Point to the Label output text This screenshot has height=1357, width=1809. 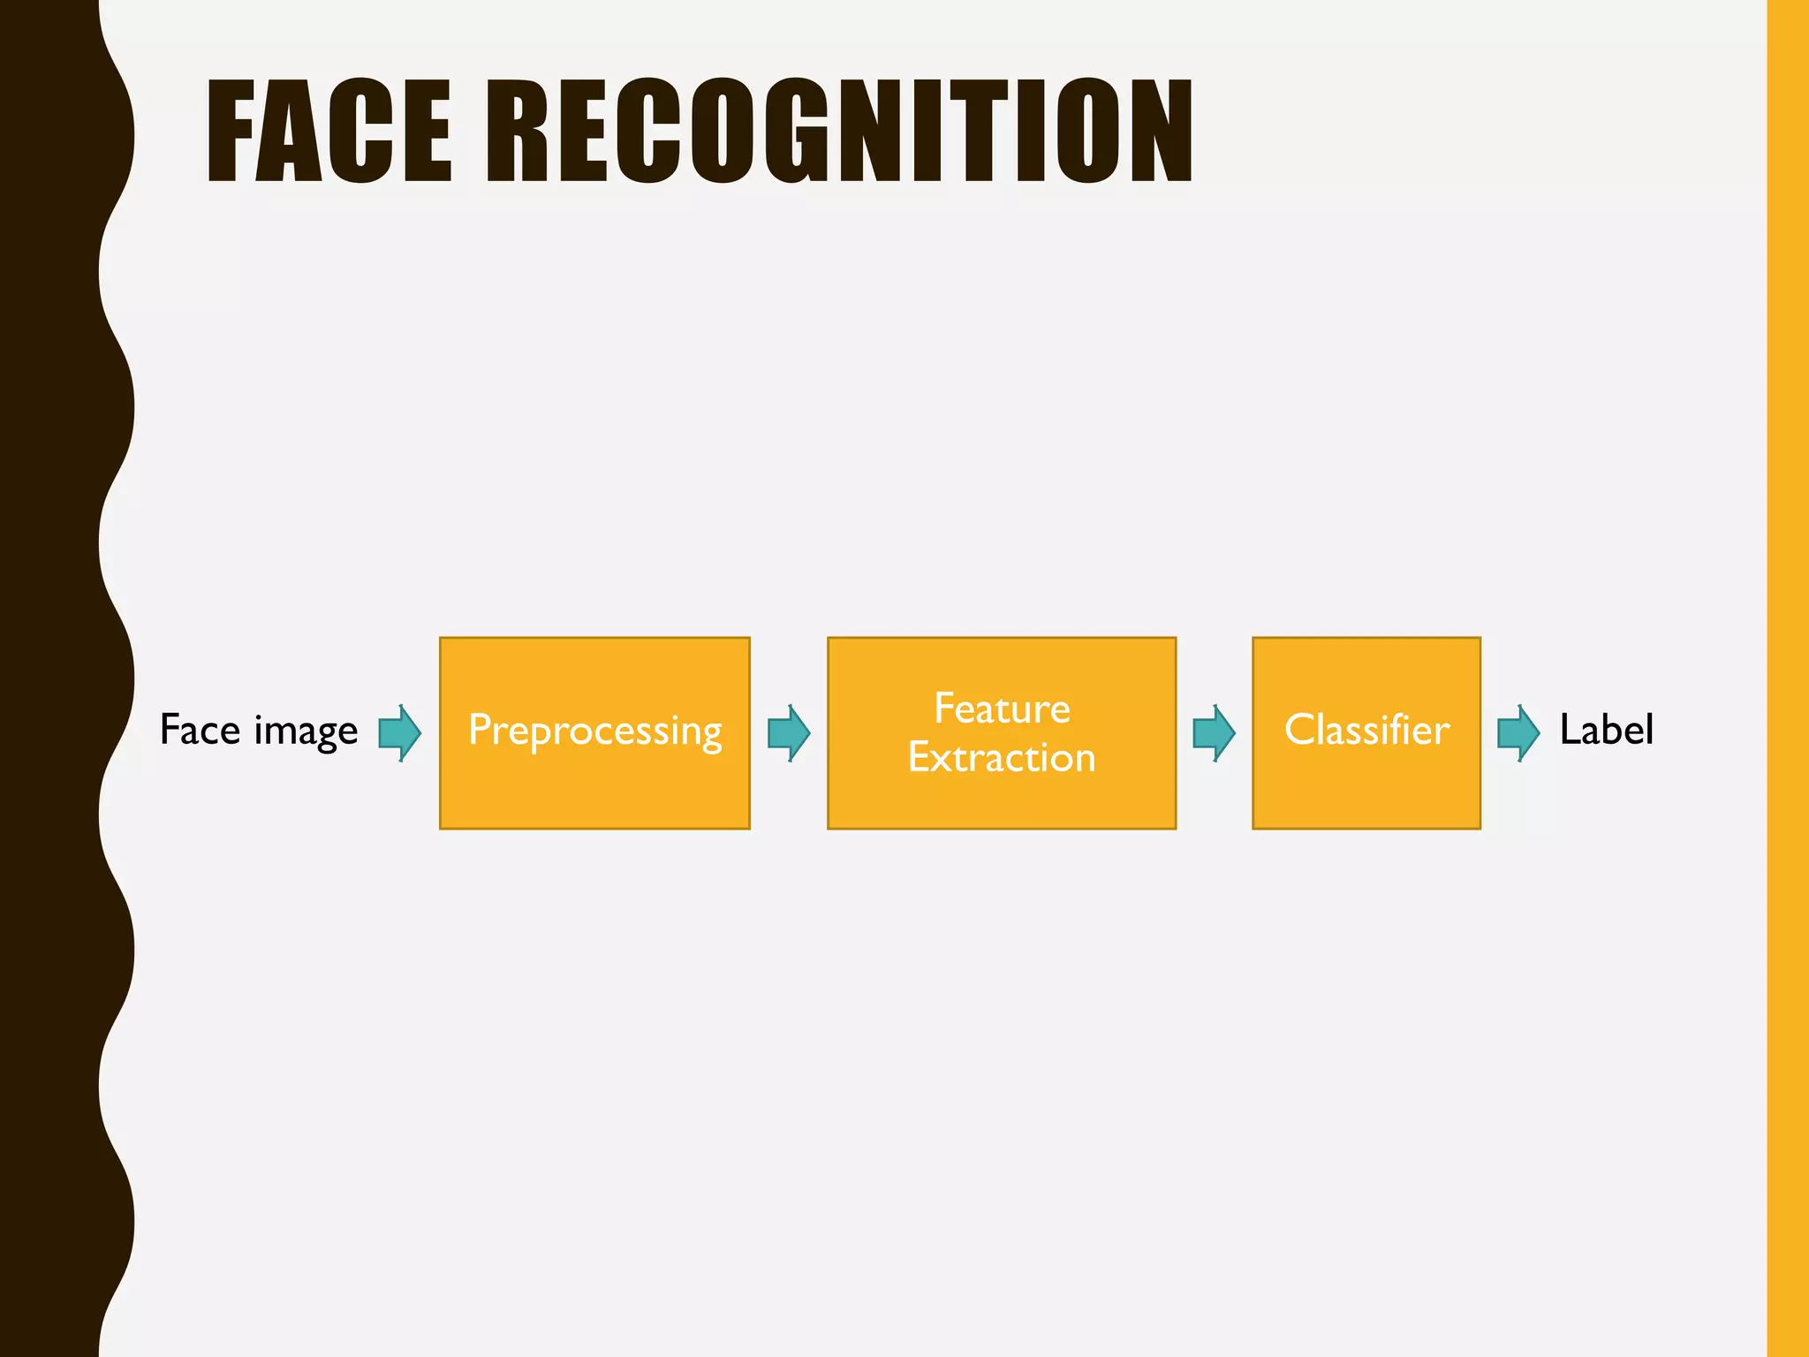pos(1606,731)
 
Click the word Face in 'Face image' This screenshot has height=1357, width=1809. pos(200,731)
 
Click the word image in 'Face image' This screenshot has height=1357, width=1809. pos(306,732)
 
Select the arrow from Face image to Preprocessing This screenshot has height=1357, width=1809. pos(400,732)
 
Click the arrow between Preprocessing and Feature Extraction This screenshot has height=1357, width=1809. pos(789,732)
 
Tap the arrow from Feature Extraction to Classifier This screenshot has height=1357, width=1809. pos(1214,732)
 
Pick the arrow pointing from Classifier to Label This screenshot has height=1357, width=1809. pos(1518,732)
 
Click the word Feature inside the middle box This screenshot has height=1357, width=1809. pos(1002,709)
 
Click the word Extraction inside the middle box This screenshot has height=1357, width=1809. pos(1002,758)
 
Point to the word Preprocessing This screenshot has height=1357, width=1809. pos(594,732)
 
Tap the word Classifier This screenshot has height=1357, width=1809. pos(1366,731)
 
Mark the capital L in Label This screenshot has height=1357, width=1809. pos(1570,731)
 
